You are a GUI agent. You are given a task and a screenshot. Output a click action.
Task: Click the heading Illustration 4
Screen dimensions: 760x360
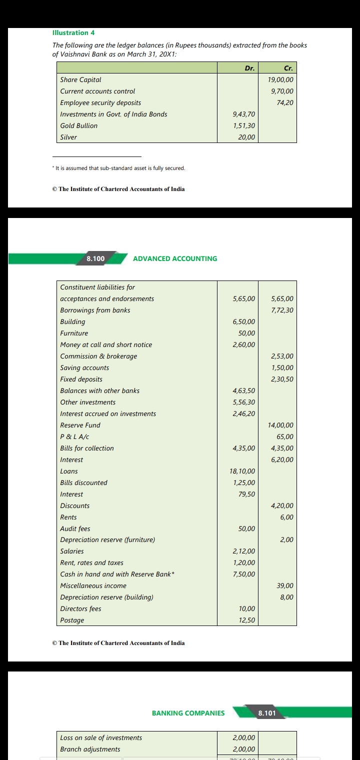tap(73, 32)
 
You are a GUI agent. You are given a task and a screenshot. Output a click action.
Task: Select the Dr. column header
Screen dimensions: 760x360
tap(249, 68)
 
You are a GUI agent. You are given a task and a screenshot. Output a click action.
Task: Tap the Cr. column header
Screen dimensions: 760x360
tap(288, 68)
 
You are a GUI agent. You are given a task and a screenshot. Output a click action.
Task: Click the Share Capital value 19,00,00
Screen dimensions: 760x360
tap(280, 79)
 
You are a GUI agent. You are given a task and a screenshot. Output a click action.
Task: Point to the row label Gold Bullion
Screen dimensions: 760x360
tap(79, 125)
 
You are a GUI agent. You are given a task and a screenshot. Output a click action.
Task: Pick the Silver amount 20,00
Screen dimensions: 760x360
tap(246, 137)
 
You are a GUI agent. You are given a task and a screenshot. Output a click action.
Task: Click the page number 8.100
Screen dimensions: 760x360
tap(95, 258)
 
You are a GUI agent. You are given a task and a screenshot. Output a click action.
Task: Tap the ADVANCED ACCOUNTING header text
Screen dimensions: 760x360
tap(175, 258)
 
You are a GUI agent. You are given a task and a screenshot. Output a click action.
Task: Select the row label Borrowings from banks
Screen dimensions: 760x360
tap(95, 310)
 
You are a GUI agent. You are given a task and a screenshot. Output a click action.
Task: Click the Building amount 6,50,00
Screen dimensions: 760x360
tap(244, 321)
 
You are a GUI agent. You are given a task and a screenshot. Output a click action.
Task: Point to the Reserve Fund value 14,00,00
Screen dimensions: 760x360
tap(280, 425)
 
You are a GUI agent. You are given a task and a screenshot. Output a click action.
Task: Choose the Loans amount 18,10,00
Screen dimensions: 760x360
tap(242, 471)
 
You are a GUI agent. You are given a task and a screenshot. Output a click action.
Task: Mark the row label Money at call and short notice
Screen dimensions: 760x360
tap(106, 344)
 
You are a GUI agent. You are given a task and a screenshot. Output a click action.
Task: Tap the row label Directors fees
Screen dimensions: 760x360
tap(80, 608)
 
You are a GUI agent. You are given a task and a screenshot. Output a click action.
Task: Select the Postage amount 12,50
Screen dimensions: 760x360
tap(247, 620)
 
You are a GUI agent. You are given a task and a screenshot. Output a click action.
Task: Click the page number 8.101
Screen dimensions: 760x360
tap(266, 713)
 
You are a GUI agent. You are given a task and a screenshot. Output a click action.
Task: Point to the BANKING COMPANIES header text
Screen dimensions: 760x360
tap(188, 713)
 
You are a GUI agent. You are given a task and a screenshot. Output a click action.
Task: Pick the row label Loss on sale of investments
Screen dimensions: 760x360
tap(101, 737)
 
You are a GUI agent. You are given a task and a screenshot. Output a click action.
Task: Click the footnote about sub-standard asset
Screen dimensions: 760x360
tap(118, 168)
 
